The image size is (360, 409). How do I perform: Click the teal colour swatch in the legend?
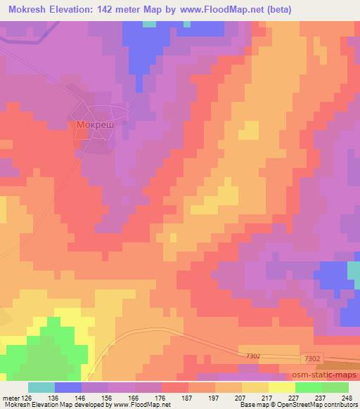coord(41,387)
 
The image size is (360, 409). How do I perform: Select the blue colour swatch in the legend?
coord(68,387)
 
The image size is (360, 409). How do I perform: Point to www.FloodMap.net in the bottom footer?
coord(141,405)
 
